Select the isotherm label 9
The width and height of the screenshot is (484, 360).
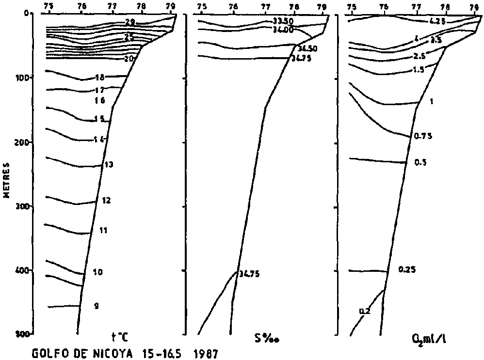pyautogui.click(x=96, y=306)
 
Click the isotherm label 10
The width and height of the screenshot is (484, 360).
pyautogui.click(x=97, y=272)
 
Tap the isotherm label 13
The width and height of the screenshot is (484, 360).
pyautogui.click(x=109, y=165)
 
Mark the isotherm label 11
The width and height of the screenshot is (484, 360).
pyautogui.click(x=103, y=230)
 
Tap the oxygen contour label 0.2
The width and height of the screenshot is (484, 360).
pyautogui.click(x=365, y=311)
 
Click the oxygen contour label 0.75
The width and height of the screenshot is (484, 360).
pyautogui.click(x=422, y=137)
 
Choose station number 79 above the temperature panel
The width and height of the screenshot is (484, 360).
pyautogui.click(x=170, y=6)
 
